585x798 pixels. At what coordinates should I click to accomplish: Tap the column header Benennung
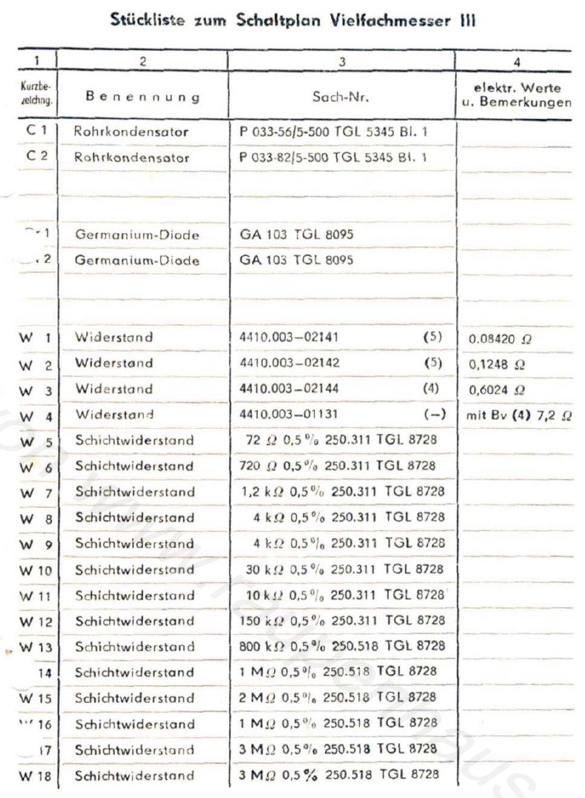[x=142, y=97]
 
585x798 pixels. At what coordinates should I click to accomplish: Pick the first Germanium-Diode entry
[x=137, y=235]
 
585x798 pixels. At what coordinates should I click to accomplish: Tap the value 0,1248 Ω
[x=495, y=363]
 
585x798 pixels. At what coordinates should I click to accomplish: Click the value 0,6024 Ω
[x=495, y=390]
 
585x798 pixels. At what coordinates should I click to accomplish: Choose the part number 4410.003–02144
[x=290, y=389]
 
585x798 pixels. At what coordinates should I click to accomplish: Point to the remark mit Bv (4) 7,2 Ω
[x=519, y=415]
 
